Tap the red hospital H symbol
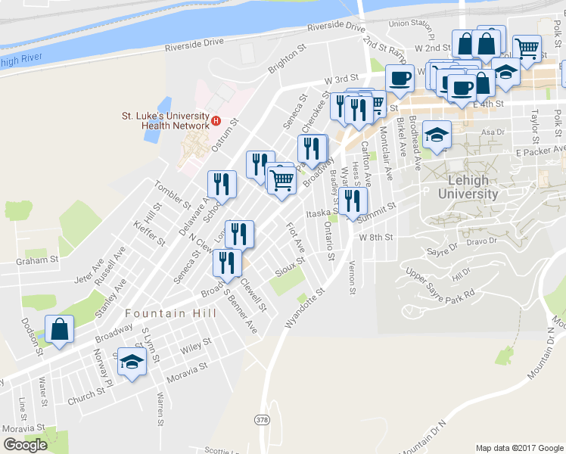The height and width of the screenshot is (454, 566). click(216, 120)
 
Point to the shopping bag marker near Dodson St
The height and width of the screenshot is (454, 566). click(59, 329)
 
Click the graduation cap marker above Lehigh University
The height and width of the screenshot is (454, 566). click(437, 135)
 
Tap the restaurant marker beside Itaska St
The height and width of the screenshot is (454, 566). click(352, 201)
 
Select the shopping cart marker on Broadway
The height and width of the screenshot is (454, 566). click(281, 180)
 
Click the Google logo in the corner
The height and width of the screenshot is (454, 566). click(25, 445)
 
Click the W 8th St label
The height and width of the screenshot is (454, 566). click(377, 237)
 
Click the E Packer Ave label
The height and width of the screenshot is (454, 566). click(536, 153)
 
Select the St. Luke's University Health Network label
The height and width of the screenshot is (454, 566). click(165, 120)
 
